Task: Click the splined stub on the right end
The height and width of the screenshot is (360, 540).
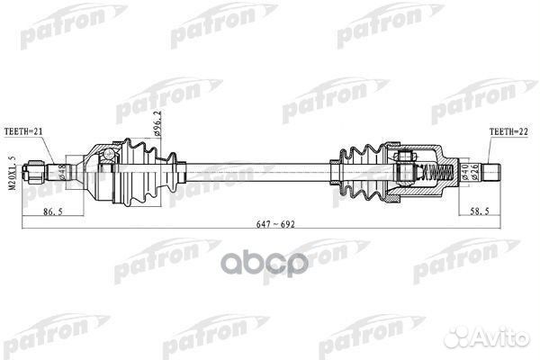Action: (x=492, y=168)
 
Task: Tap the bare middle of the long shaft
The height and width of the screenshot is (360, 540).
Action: (x=261, y=168)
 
